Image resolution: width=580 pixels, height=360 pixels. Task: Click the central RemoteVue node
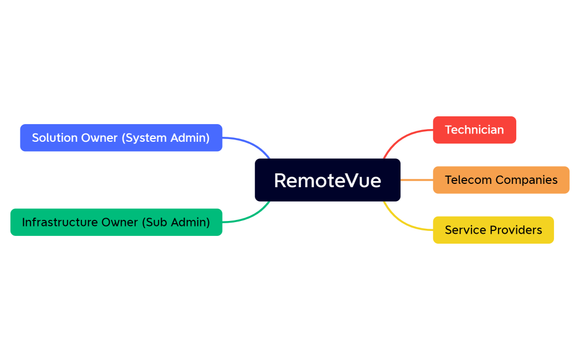point(327,180)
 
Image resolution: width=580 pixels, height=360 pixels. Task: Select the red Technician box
point(474,130)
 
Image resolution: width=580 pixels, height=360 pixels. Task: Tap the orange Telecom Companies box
point(501,180)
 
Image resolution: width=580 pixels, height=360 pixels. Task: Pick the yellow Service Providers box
point(493,230)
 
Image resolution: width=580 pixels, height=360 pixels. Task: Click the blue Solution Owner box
point(121,138)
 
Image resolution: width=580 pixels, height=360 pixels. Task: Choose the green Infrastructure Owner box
point(116,222)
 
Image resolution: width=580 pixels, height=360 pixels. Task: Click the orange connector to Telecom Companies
point(417,180)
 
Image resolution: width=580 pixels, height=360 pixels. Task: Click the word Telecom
point(468,180)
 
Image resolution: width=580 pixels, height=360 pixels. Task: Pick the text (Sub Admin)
point(176,222)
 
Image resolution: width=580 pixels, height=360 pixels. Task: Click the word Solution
point(54,138)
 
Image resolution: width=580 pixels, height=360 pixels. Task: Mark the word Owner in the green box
point(120,222)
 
